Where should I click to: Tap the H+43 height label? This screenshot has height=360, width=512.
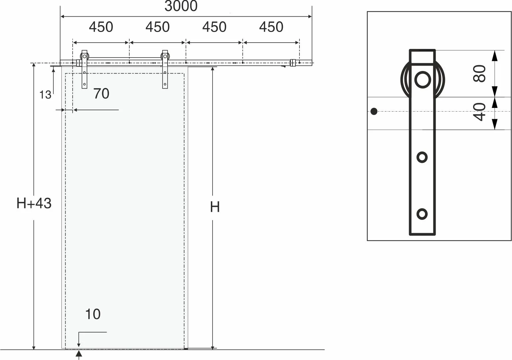(x=34, y=203)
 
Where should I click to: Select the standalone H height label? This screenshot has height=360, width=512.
(x=215, y=207)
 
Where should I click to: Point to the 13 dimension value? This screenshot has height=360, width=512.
(x=45, y=95)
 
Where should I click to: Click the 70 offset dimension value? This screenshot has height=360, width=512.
(x=101, y=94)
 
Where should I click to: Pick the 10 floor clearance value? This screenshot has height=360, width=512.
(x=93, y=314)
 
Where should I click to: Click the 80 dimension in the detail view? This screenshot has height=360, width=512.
(x=480, y=73)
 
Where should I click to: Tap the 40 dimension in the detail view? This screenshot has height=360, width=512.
(x=480, y=112)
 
